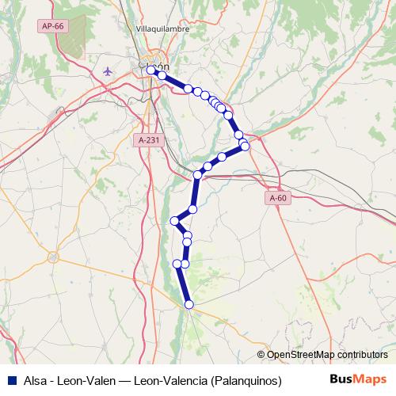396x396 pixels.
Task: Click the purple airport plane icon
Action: point(108,71)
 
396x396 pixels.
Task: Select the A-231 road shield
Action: point(147,139)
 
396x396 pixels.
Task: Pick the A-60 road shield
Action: point(277,198)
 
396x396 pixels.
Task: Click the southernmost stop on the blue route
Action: point(189,304)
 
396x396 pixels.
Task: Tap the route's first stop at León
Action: point(150,70)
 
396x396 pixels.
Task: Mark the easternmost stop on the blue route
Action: point(246,146)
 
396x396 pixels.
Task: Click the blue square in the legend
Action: point(11,379)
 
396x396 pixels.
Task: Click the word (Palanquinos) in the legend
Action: point(246,379)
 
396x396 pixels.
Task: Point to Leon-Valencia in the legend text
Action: point(171,379)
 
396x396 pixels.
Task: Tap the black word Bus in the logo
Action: point(341,379)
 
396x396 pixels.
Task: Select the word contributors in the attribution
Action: point(361,355)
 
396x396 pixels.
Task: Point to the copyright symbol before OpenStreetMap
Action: point(261,355)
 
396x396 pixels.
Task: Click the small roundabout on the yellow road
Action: point(53,257)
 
